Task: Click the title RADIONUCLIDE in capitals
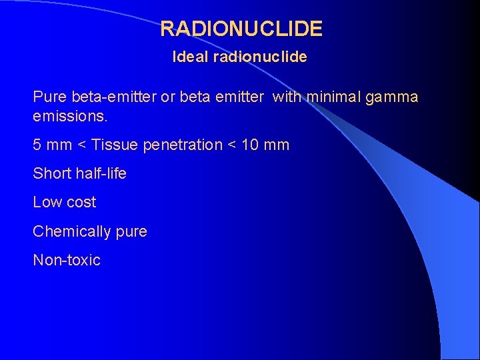[x=241, y=29]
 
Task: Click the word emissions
[x=70, y=116]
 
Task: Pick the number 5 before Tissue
[x=37, y=145]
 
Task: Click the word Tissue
[x=114, y=145]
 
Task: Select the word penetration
[x=182, y=145]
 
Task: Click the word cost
[x=81, y=202]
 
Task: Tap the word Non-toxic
[x=67, y=260]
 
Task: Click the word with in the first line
[x=287, y=97]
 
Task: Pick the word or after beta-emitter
[x=168, y=97]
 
